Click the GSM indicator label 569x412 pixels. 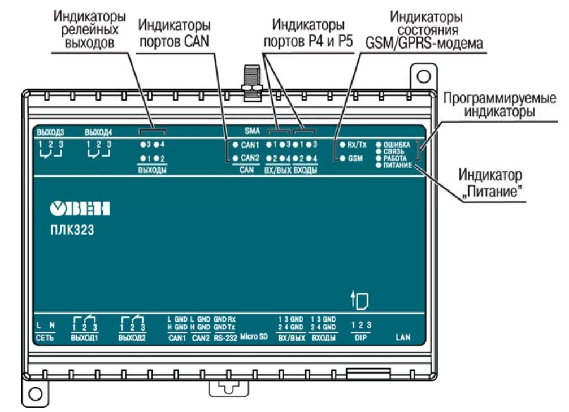(355, 159)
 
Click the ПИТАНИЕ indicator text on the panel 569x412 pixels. (398, 166)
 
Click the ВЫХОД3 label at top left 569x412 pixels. (51, 133)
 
